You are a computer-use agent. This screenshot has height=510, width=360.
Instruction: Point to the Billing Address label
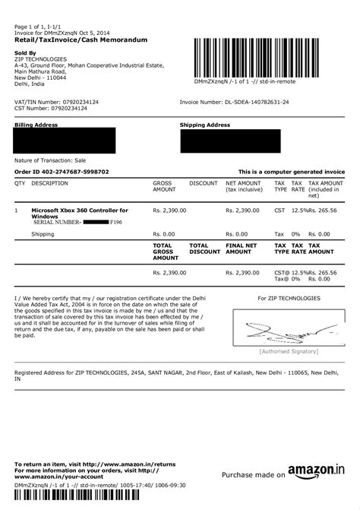[36, 123]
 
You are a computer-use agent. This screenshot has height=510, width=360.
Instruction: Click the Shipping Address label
[204, 123]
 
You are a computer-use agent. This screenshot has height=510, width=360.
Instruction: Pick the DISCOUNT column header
[204, 183]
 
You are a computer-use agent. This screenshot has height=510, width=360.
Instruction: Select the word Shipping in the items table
[43, 234]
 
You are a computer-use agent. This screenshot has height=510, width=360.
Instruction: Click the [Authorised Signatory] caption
[289, 351]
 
